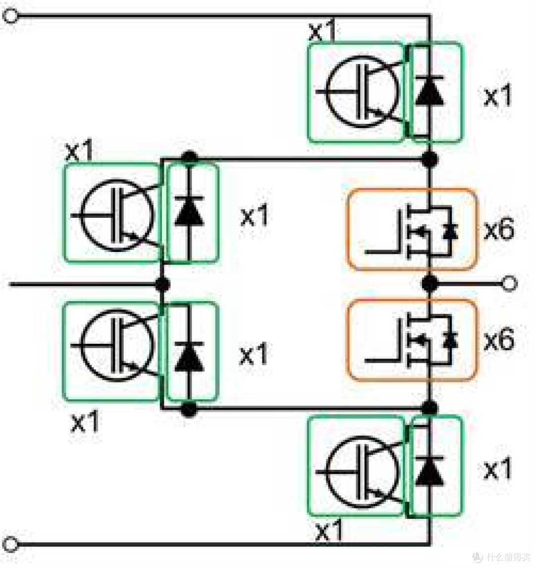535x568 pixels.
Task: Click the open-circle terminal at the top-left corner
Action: click(x=10, y=15)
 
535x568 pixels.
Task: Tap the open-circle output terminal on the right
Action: click(x=509, y=283)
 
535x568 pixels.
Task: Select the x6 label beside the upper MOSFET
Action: click(x=499, y=230)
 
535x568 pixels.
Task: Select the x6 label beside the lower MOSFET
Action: click(x=499, y=340)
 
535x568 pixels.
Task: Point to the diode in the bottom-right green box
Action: click(x=429, y=471)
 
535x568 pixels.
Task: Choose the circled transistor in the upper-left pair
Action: click(x=116, y=215)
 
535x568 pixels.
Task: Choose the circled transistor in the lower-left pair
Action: click(x=116, y=346)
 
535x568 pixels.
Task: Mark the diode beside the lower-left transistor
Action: click(x=188, y=357)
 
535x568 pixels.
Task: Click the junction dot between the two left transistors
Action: click(x=162, y=284)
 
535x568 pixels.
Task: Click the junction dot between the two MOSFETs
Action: click(x=430, y=283)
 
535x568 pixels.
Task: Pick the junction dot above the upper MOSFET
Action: click(x=430, y=159)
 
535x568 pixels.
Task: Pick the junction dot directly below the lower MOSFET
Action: click(x=430, y=408)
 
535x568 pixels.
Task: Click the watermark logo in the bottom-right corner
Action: click(x=478, y=556)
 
